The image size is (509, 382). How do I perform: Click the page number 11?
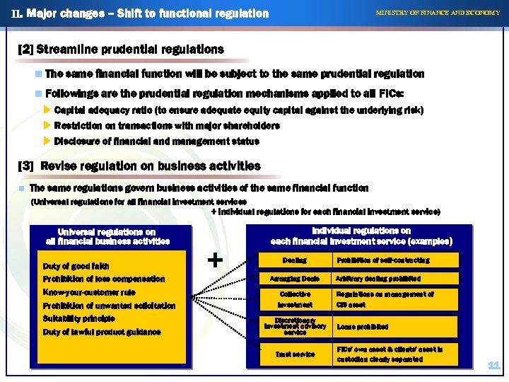(493, 366)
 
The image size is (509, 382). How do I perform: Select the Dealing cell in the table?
(294, 261)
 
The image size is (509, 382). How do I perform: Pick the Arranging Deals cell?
(294, 279)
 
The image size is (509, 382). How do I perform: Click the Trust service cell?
(294, 354)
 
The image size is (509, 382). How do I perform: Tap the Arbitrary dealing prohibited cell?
(378, 279)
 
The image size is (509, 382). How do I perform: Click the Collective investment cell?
(294, 299)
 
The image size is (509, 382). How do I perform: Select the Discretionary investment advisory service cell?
(294, 325)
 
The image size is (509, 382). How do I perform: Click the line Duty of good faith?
(76, 266)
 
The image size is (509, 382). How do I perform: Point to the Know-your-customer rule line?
(89, 292)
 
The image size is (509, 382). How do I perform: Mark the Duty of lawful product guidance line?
(102, 332)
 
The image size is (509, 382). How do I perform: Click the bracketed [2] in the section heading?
(25, 50)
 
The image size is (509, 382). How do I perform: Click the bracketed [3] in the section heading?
(25, 166)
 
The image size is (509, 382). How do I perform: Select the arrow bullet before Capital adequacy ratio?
(47, 110)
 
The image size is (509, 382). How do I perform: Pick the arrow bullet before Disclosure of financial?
(47, 140)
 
